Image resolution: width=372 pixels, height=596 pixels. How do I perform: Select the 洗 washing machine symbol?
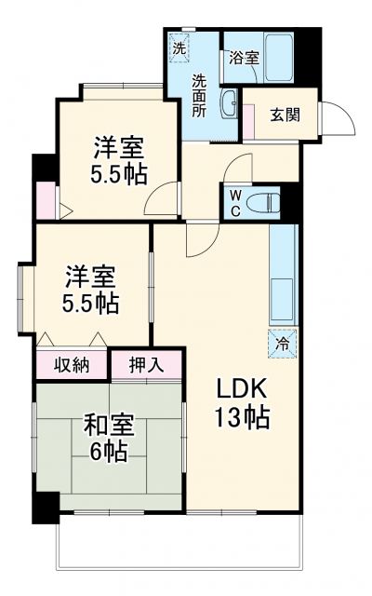click(178, 45)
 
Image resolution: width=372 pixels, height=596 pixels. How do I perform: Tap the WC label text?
click(234, 203)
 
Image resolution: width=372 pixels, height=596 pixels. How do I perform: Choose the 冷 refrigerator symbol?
click(283, 342)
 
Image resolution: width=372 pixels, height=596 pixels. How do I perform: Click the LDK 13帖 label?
click(244, 403)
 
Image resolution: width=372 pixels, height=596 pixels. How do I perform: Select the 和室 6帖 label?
click(110, 437)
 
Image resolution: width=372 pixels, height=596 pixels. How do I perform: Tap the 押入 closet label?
click(147, 364)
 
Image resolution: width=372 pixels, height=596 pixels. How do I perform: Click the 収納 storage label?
click(71, 364)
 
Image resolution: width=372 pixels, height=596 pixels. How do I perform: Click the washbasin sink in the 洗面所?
click(230, 102)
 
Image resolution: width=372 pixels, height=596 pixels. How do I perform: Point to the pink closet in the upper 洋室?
click(44, 197)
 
